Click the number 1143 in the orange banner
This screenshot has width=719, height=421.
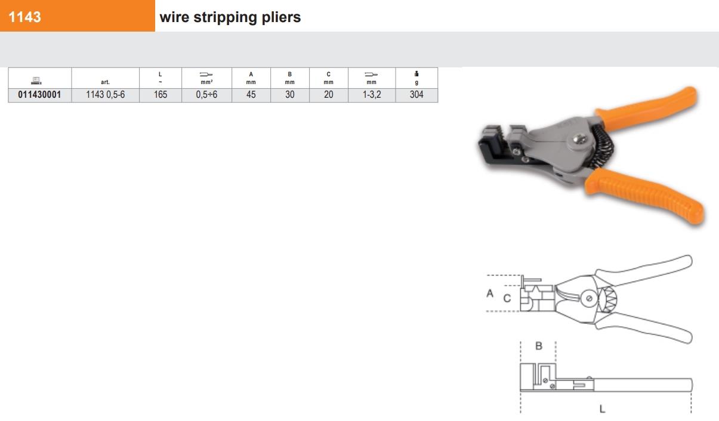coord(24,17)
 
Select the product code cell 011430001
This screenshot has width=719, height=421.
coord(39,95)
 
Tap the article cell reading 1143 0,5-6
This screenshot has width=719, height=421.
coord(105,95)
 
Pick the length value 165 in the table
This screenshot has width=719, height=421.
coord(160,95)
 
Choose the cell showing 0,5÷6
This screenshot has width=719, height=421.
coord(206,95)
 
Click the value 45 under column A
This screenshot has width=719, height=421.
coord(251,95)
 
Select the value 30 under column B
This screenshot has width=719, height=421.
coord(290,95)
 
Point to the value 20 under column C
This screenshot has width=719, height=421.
coord(328,95)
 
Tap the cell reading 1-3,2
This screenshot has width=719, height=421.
coord(371,95)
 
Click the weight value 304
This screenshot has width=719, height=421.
coord(416,95)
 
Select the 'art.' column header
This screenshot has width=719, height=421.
coord(105,82)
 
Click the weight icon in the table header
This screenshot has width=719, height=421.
coord(416,74)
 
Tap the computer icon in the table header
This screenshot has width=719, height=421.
coord(36,81)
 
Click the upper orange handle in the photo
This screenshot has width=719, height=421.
coord(646,109)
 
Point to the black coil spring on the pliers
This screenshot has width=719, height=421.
coord(603,146)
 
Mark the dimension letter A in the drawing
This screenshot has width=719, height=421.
coord(490,293)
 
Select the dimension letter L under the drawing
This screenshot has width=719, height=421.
coord(602,409)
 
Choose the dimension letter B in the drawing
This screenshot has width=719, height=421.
coord(539,346)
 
